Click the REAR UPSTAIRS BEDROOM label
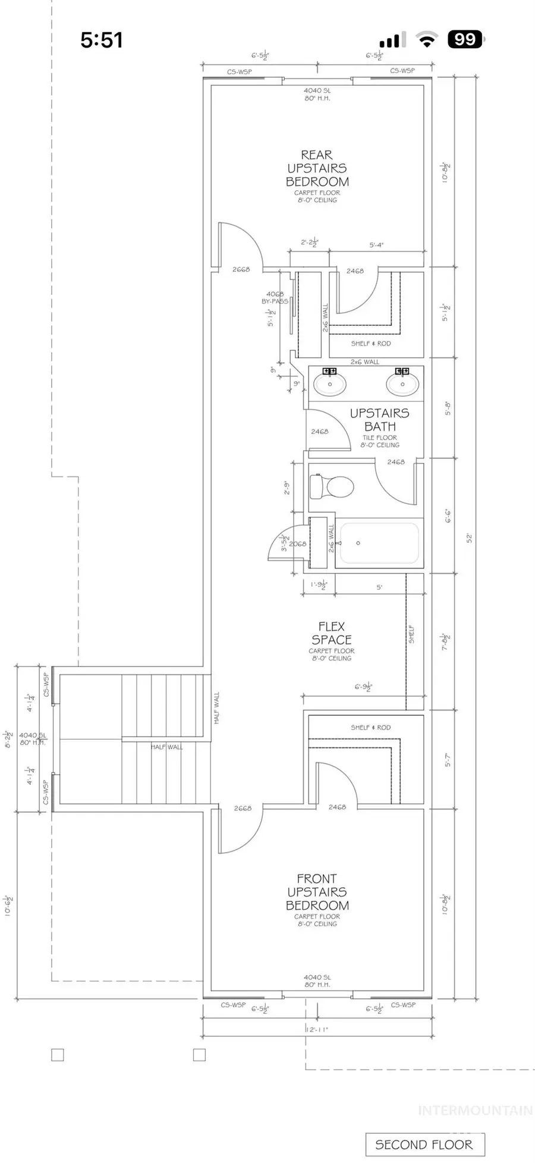(317, 169)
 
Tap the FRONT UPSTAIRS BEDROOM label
(317, 892)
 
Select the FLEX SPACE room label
(331, 633)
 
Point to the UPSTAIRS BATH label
(379, 420)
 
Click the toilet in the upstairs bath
(332, 487)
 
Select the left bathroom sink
(330, 384)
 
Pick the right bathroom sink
(402, 384)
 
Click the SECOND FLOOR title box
(424, 1145)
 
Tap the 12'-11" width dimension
(317, 1029)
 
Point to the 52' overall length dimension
(469, 538)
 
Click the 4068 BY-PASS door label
(275, 298)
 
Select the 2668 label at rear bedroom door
(241, 269)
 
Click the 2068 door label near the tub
(298, 543)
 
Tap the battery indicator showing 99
(465, 39)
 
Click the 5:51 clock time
(102, 40)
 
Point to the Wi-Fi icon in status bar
(426, 40)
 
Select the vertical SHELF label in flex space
(411, 634)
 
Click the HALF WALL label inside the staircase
(166, 747)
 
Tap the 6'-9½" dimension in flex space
(363, 687)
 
